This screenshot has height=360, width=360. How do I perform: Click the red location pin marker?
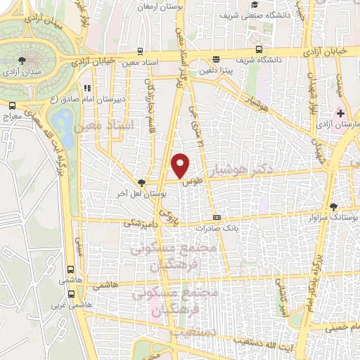pos(181,165)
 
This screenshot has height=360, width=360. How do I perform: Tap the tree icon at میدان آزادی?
pos(24,62)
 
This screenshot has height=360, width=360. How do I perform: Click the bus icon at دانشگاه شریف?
pos(259,49)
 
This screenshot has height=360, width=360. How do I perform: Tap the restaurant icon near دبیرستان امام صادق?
pos(87,89)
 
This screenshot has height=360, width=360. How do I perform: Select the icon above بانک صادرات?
pos(216,217)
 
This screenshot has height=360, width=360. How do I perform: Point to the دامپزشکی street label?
pos(137,222)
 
